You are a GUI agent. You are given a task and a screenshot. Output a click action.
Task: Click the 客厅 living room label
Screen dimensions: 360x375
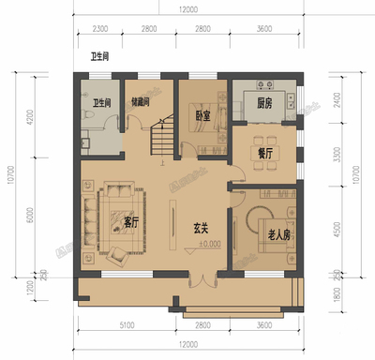click(131, 223)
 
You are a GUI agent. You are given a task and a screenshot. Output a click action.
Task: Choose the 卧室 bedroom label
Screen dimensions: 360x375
click(202, 115)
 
